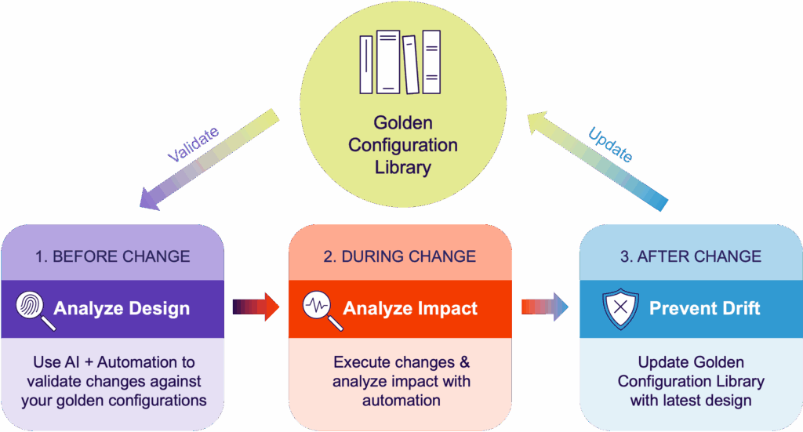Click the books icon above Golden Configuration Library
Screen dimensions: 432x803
(x=400, y=62)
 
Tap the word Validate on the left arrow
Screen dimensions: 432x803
(x=194, y=144)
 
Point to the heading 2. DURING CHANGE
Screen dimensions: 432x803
(x=401, y=256)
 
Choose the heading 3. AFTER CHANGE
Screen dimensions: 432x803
(x=691, y=256)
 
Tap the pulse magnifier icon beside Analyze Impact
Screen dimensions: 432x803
(x=322, y=307)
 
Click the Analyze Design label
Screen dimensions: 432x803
(x=122, y=308)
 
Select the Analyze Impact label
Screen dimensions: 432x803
(x=410, y=308)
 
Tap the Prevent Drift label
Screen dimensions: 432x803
(x=705, y=308)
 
